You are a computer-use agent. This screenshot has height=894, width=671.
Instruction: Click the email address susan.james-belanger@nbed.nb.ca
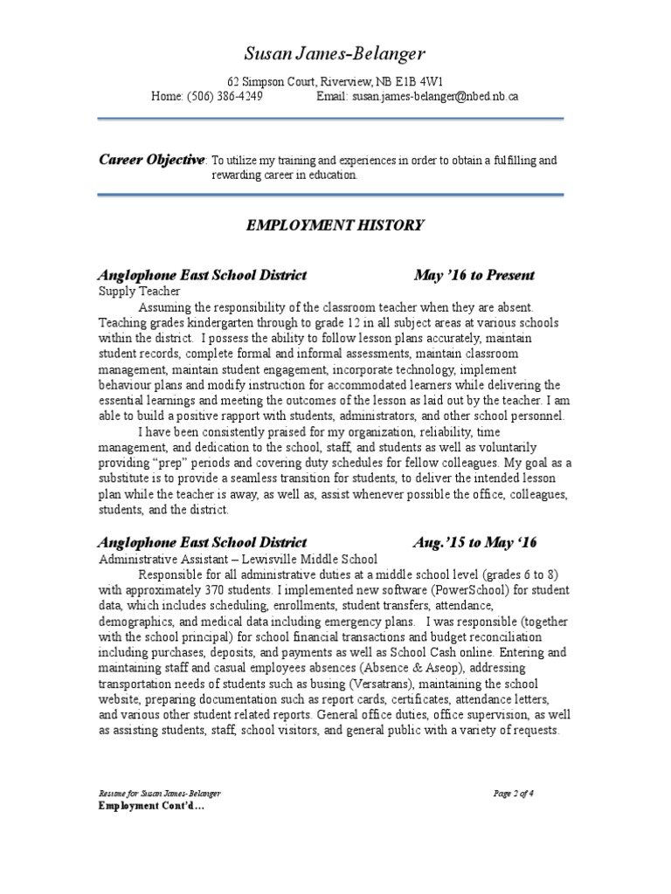click(x=435, y=97)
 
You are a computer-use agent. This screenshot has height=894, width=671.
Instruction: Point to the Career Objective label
click(x=152, y=159)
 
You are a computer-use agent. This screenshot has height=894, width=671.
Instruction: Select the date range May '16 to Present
click(x=474, y=276)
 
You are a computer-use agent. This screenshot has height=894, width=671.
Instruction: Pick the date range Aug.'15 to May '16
click(x=475, y=542)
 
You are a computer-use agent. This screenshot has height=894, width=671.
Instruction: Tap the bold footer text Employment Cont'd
click(x=150, y=806)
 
